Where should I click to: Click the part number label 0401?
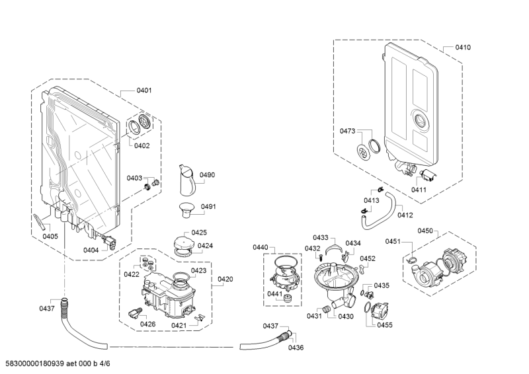[x=143, y=91]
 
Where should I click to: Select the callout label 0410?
[x=463, y=48]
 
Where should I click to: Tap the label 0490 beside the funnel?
[x=208, y=175]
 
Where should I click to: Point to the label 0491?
[x=208, y=207]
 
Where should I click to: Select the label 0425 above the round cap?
[x=199, y=233]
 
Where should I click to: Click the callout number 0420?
[x=225, y=280]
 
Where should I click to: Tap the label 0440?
[x=260, y=247]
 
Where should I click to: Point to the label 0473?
[x=348, y=131]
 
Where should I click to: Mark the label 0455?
[x=385, y=325]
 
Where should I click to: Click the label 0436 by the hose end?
[x=296, y=348]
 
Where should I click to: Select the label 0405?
[x=50, y=236]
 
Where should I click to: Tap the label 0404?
[x=91, y=250]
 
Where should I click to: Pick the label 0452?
[x=368, y=258]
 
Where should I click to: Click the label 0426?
[x=147, y=324]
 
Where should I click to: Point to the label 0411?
[x=419, y=190]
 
